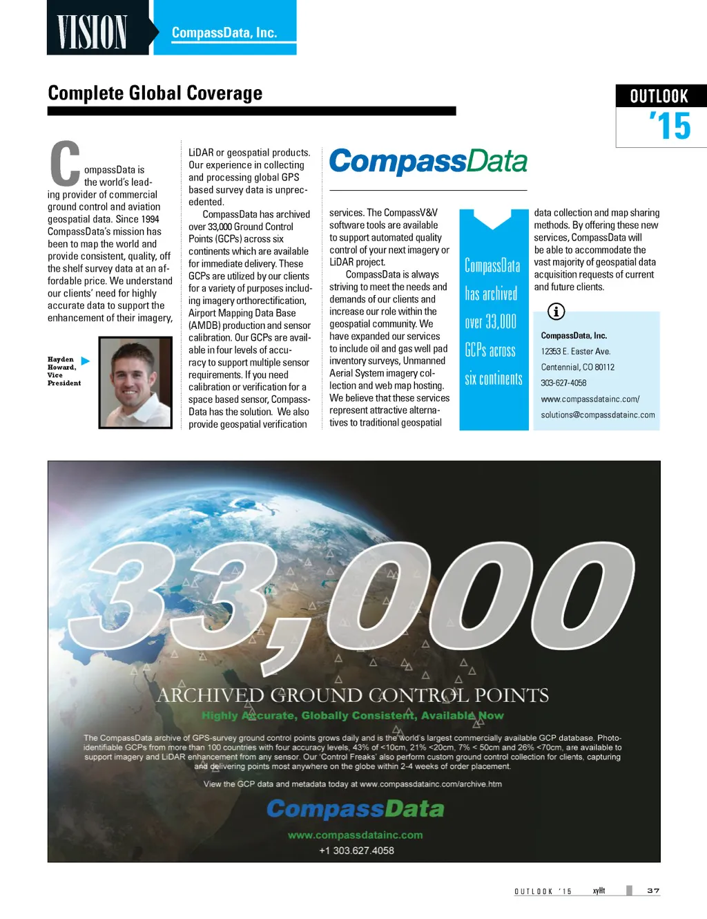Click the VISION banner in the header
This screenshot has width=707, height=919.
(x=93, y=32)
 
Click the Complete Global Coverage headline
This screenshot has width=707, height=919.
(x=155, y=93)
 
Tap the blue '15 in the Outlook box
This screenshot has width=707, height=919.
(x=670, y=126)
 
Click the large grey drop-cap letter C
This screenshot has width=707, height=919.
(x=66, y=164)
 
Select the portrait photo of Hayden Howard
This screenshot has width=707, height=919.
(x=135, y=382)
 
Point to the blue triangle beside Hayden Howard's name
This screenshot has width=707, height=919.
(x=86, y=361)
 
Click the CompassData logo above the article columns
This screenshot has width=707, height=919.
(x=428, y=162)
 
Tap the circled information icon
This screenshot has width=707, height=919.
(x=556, y=312)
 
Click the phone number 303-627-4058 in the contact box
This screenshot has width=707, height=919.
(x=563, y=383)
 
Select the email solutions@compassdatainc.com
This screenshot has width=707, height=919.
(x=598, y=415)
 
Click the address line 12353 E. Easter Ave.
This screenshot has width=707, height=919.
(x=576, y=351)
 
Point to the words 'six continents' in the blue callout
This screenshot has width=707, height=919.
(x=493, y=379)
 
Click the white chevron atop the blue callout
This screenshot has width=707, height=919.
(x=492, y=219)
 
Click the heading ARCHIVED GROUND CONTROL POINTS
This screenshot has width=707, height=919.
(x=353, y=695)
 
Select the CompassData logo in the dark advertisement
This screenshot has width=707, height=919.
(x=355, y=808)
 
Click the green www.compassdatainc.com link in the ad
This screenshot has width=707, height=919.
(x=355, y=835)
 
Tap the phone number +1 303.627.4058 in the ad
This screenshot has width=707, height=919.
(x=356, y=851)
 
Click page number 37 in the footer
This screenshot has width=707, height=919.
(x=653, y=891)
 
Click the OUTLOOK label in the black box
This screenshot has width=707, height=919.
(x=659, y=96)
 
